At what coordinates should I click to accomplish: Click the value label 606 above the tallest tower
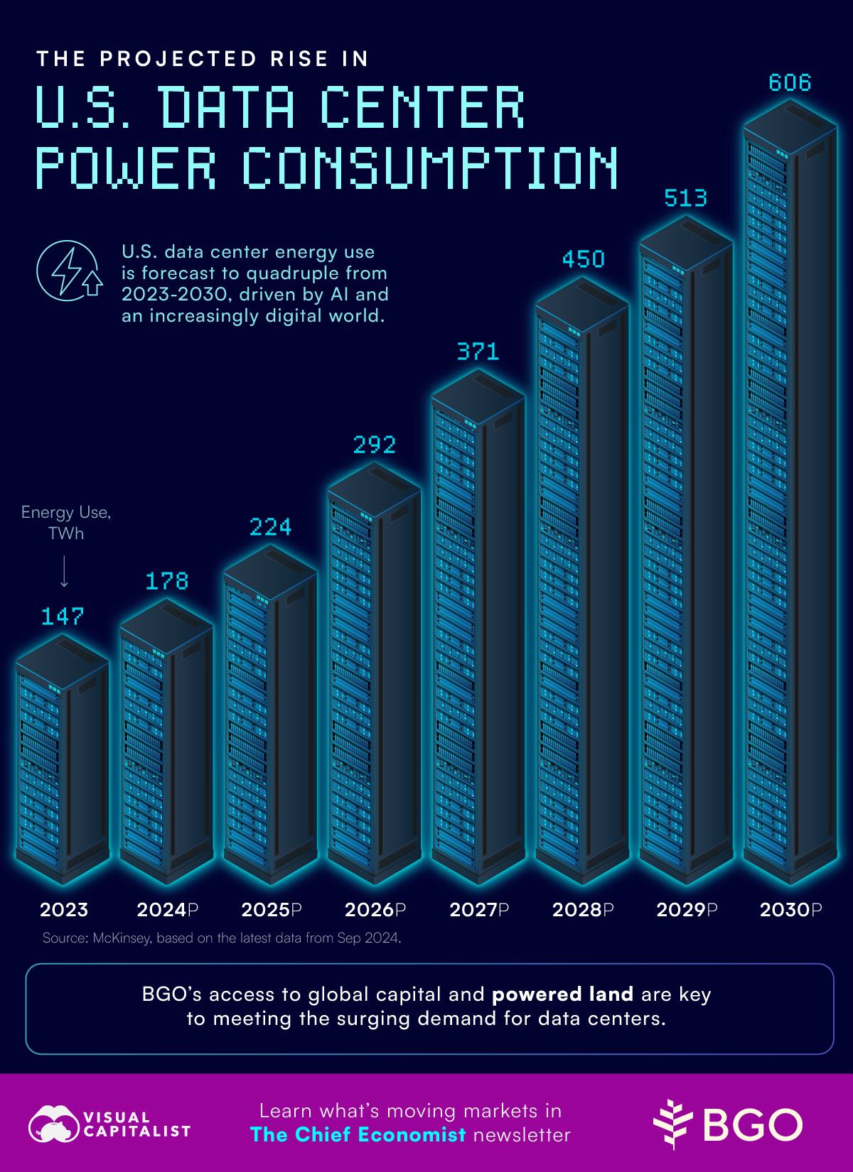click(x=790, y=83)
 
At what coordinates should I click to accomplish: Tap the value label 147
click(x=63, y=617)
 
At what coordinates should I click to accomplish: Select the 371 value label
click(x=478, y=352)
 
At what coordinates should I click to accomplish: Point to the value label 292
click(x=374, y=445)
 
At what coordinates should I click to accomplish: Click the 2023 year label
click(x=64, y=910)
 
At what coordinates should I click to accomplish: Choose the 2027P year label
click(x=479, y=910)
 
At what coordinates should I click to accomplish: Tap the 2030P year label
click(x=790, y=910)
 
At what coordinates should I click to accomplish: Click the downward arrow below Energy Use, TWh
click(x=64, y=572)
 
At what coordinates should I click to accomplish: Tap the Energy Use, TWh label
click(x=66, y=523)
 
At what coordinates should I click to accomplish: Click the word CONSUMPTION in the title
click(x=429, y=169)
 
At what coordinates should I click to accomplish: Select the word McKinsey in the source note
click(x=122, y=938)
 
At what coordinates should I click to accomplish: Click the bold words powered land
click(x=562, y=994)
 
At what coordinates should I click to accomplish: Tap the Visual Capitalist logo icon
click(x=53, y=1124)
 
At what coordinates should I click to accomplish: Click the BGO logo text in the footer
click(x=752, y=1125)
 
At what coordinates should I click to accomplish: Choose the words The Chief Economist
click(x=358, y=1135)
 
